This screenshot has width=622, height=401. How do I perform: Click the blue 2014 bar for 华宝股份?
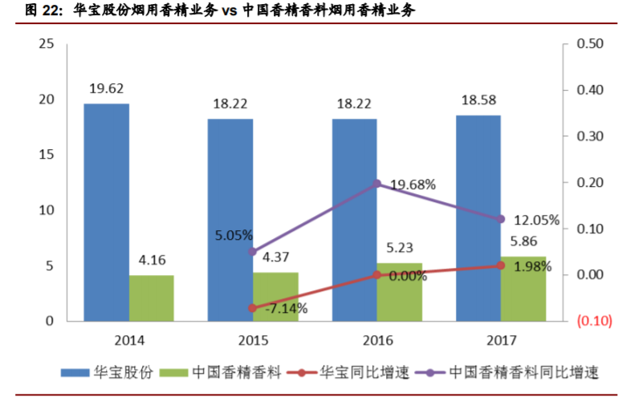[x=106, y=213]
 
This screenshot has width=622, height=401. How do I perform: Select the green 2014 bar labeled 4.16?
[x=151, y=298]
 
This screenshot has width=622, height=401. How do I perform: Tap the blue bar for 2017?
[x=478, y=218]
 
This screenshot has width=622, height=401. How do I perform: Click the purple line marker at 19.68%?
[x=377, y=184]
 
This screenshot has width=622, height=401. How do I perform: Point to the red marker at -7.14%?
[x=252, y=308]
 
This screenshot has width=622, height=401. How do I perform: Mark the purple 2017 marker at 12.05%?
[x=500, y=219]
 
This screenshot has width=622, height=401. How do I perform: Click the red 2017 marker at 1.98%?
[x=500, y=265]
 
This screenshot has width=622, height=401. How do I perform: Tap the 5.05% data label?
[x=234, y=236]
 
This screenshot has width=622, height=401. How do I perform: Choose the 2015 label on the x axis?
[x=253, y=339]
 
